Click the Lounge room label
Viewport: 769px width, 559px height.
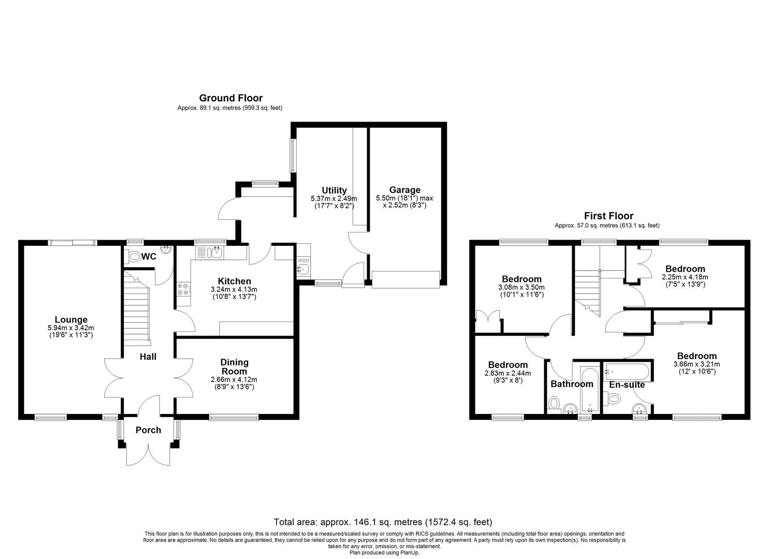[x=71, y=319]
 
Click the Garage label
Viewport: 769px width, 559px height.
[x=405, y=190]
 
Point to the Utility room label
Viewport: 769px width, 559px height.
[x=334, y=190]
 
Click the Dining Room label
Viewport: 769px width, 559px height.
[x=234, y=366]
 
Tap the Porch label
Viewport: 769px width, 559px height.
[x=148, y=430]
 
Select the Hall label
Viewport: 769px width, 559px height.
[x=148, y=357]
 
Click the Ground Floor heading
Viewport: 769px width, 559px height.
[x=231, y=98]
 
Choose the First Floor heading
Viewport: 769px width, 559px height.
[x=608, y=216]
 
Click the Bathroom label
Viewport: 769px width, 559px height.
[x=572, y=384]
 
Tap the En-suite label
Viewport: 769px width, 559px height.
[x=627, y=385]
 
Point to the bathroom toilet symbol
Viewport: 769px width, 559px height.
[x=554, y=403]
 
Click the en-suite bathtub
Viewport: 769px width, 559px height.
[x=627, y=372]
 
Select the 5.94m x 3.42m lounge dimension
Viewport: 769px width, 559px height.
[x=71, y=328]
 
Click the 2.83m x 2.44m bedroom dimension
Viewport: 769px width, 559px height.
[x=507, y=373]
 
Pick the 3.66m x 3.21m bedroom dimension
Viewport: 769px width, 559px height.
[x=697, y=364]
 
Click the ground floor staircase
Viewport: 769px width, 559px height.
[x=136, y=308]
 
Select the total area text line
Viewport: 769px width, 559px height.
[x=383, y=522]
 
